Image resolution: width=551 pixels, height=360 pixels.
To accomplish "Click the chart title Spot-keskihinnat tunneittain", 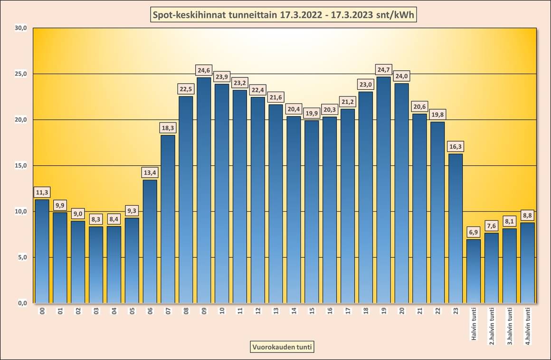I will [x=284, y=15].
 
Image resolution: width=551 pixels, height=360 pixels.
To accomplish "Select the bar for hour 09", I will [x=204, y=190].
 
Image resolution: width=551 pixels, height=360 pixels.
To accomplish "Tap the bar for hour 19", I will [x=383, y=190].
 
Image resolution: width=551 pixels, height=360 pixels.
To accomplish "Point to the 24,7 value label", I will [x=383, y=70].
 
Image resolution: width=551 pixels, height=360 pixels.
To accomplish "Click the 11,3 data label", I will [x=42, y=192].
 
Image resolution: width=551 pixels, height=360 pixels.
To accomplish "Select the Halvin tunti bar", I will [x=474, y=271].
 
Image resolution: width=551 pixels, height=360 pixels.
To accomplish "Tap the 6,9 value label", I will [x=474, y=232].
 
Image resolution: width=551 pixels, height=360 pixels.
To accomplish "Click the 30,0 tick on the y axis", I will [x=20, y=28].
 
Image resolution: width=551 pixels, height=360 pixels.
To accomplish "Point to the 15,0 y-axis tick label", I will [x=20, y=166].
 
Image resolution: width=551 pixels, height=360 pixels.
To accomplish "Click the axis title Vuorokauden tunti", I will [x=282, y=347].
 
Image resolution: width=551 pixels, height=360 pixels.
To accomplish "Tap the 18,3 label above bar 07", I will [x=168, y=128].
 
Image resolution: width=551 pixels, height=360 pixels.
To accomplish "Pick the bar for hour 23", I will [x=456, y=228].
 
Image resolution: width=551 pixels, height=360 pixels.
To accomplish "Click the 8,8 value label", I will [x=528, y=214].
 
